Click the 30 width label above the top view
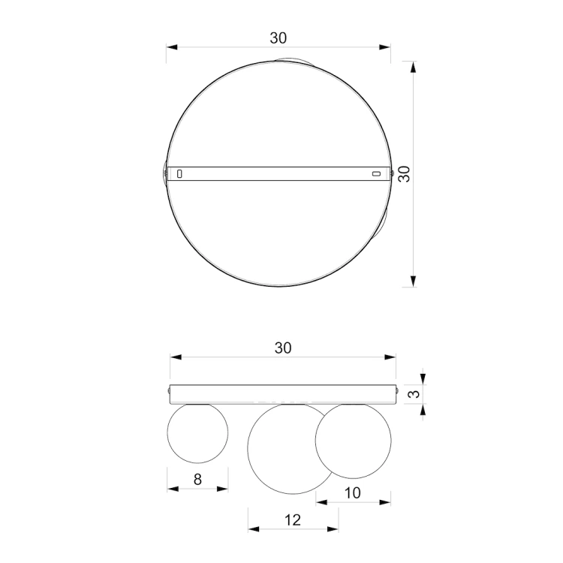[x=278, y=38]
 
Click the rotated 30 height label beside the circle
[x=405, y=174]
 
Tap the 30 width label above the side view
[x=283, y=348]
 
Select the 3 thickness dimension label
[x=414, y=394]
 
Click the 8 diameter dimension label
[x=197, y=480]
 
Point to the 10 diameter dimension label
[x=352, y=493]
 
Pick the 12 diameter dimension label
[x=292, y=520]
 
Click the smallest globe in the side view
[x=197, y=433]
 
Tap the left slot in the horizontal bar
[x=179, y=174]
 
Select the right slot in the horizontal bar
[x=376, y=174]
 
